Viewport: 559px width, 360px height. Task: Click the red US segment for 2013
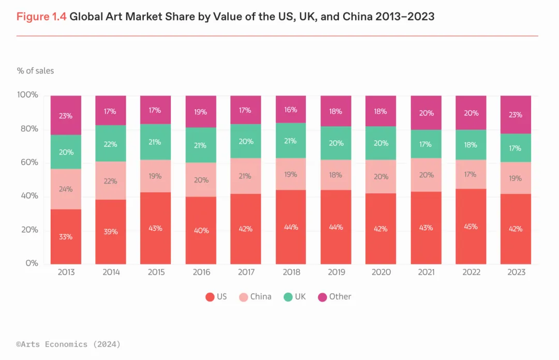(66, 236)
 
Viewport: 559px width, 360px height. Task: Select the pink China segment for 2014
(111, 181)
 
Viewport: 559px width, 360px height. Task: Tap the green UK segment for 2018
(290, 140)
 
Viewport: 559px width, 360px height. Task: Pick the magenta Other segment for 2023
(516, 114)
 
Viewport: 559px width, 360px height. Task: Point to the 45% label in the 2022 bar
(471, 227)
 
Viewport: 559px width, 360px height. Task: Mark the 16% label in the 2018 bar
(290, 110)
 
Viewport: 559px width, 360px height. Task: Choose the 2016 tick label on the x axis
(201, 272)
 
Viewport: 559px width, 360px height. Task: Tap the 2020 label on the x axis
(380, 272)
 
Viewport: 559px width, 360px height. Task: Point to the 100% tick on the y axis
(28, 95)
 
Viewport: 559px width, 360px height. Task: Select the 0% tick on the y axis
(32, 263)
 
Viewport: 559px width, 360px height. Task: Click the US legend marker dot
(210, 297)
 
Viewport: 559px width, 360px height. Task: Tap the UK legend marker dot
(288, 297)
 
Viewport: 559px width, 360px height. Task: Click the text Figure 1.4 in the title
(41, 17)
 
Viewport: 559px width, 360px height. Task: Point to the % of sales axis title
(35, 70)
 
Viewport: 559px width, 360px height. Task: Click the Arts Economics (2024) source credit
(68, 344)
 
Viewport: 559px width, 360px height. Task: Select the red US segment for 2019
(335, 227)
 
